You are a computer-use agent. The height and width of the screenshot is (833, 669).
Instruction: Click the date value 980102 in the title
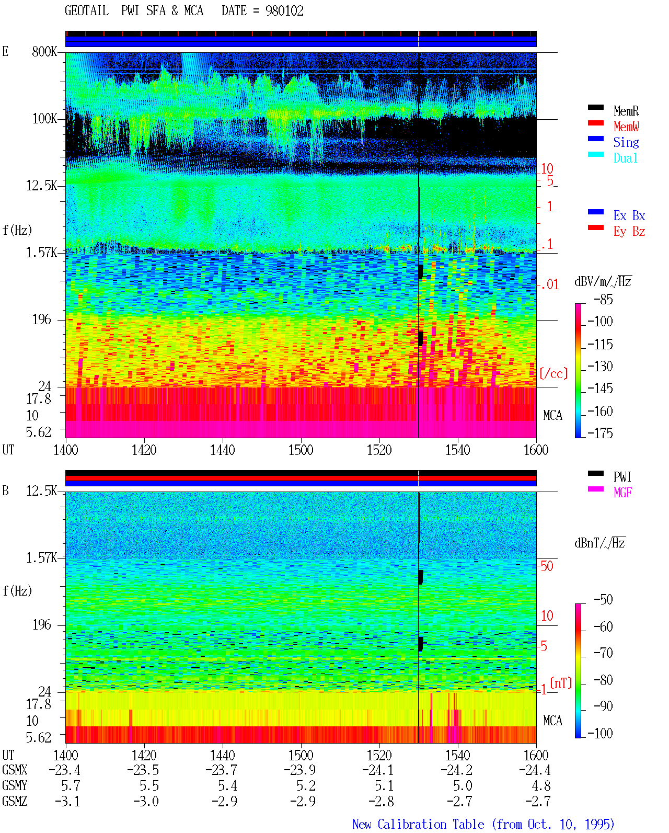(x=284, y=11)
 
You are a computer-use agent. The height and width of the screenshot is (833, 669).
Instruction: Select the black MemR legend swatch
(x=595, y=108)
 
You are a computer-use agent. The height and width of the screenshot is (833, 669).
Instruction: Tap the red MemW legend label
(x=626, y=127)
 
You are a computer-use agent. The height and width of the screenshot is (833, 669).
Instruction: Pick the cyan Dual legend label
(x=626, y=158)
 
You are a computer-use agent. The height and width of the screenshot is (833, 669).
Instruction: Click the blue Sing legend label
(x=626, y=142)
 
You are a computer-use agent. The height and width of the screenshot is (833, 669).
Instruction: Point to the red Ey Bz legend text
(x=629, y=232)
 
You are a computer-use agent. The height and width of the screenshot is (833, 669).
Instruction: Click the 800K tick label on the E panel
(x=44, y=51)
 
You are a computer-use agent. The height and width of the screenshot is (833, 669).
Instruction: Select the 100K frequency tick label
(x=44, y=119)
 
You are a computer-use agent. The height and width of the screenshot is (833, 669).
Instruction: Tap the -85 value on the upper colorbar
(x=603, y=300)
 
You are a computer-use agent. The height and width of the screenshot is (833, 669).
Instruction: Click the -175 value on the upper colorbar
(x=600, y=433)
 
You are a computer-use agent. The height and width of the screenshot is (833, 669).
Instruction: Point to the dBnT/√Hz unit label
(x=599, y=543)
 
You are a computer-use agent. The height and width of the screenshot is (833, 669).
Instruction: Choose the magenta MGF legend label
(x=622, y=493)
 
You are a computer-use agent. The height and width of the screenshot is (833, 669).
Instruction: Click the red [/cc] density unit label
(x=553, y=373)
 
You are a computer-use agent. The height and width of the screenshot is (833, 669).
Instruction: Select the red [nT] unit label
(x=561, y=683)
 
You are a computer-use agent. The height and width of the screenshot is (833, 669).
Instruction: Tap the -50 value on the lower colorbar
(x=603, y=600)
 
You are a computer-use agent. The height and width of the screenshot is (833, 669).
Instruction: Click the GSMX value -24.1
(x=378, y=770)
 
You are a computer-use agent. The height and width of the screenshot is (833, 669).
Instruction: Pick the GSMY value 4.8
(x=541, y=786)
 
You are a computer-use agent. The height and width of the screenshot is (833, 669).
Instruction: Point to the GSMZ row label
(x=15, y=801)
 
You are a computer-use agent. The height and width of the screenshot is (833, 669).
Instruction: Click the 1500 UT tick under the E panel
(x=301, y=450)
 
